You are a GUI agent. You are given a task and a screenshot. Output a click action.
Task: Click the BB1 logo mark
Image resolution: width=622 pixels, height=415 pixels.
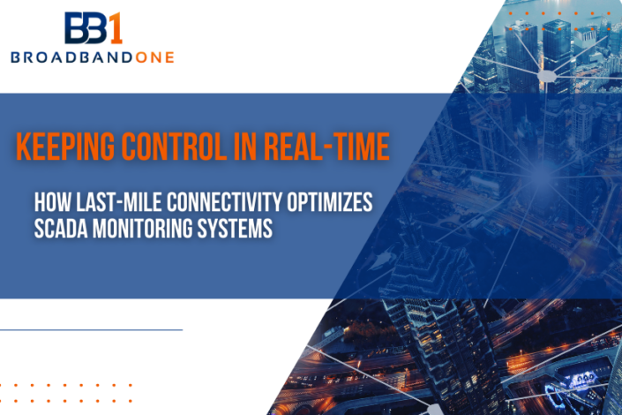(x=93, y=27)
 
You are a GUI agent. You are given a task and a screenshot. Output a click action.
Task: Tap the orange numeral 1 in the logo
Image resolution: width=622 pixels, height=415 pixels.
(x=115, y=27)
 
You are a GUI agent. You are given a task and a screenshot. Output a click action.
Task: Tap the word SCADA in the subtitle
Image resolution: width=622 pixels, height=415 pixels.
(x=59, y=227)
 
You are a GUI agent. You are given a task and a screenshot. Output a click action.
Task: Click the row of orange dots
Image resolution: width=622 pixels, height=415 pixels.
(x=66, y=386)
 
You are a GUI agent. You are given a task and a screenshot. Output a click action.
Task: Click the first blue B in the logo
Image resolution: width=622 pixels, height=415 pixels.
(x=76, y=28)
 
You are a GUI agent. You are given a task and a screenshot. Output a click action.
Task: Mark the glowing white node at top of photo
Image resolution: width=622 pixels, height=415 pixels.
(x=547, y=78)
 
